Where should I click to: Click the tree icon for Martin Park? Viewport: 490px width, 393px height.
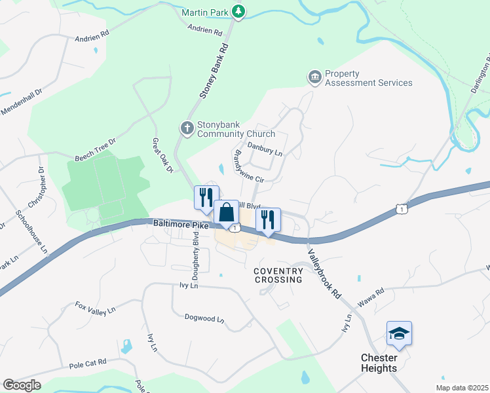click(240, 11)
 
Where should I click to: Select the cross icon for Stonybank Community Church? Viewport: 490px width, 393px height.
click(187, 128)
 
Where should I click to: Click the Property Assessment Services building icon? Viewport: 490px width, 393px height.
click(315, 78)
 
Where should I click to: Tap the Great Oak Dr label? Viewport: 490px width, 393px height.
click(162, 156)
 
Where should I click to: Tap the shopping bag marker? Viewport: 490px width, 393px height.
click(226, 214)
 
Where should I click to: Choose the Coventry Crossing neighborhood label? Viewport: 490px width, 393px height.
click(278, 274)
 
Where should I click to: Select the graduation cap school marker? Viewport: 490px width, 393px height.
click(399, 333)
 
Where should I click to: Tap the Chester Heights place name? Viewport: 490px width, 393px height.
click(388, 363)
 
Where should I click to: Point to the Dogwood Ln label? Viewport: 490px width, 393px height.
click(204, 320)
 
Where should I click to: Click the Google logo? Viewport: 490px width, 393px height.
click(22, 385)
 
